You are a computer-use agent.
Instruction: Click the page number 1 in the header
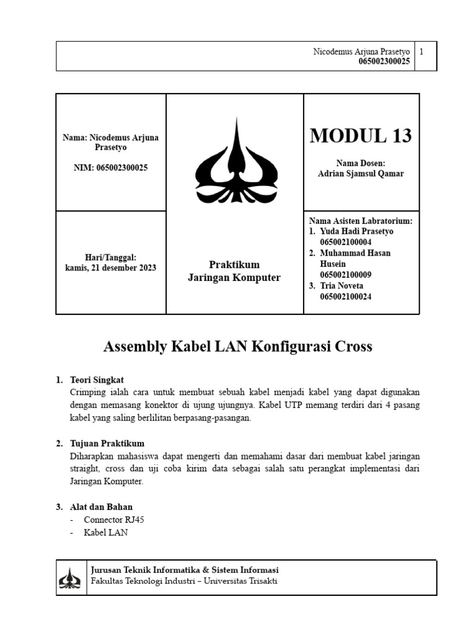coord(421,52)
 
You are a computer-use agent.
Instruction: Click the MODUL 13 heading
coord(360,135)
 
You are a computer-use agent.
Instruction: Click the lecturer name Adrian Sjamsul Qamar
coord(360,174)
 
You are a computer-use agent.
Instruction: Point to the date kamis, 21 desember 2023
coord(111,268)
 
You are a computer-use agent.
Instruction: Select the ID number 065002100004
coord(345,242)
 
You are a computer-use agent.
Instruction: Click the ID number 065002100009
coord(345,275)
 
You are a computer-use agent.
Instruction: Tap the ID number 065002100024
coord(345,296)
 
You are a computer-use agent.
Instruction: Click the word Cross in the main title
coord(352,347)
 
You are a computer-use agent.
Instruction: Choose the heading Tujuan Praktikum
coord(107,443)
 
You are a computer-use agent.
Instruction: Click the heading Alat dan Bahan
coord(102,507)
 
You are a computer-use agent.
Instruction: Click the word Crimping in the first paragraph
coord(89,393)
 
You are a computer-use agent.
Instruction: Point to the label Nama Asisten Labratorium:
coord(360,221)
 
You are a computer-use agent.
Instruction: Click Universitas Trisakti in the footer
coord(246,582)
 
